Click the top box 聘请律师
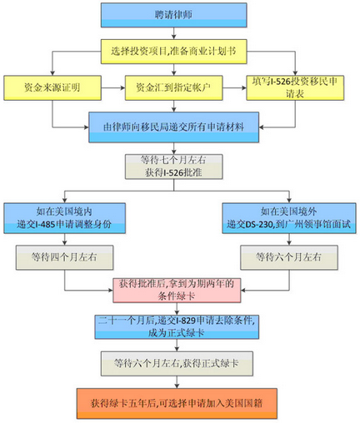173,15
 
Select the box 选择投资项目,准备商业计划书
173,52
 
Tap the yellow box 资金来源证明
52,87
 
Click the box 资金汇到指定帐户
173,87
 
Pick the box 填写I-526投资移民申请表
295,87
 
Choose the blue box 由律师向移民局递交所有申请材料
173,127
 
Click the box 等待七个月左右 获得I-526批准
173,167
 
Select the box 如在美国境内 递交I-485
64,218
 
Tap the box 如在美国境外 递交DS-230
289,218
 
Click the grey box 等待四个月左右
64,257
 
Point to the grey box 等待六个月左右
289,257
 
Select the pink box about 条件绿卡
177,291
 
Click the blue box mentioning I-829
177,326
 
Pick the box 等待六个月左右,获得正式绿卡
177,364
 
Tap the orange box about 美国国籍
177,403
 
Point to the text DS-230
259,224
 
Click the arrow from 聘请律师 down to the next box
173,33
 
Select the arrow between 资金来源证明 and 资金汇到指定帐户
113,87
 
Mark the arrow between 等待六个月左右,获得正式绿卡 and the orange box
177,382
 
